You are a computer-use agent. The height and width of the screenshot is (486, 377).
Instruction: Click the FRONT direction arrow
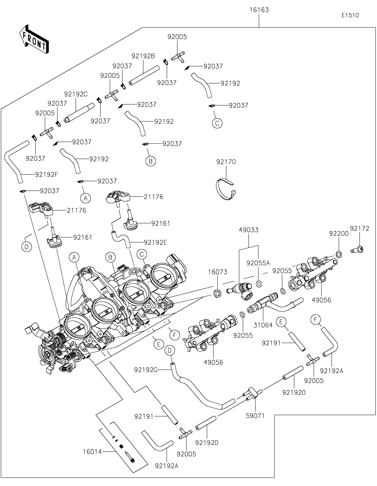click(34, 39)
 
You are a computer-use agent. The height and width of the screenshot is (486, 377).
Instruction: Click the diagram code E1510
click(350, 16)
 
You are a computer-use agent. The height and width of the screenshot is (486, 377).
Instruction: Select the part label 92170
click(226, 162)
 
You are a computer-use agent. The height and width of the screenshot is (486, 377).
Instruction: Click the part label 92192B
click(143, 56)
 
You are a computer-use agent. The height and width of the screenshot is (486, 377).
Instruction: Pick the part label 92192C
click(76, 94)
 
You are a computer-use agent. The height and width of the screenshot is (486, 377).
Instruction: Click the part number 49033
click(249, 230)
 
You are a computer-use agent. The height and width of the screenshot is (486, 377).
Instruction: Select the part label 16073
click(217, 272)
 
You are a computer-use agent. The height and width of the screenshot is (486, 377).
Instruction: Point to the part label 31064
click(263, 325)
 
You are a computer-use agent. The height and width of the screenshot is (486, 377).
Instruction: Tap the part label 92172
click(359, 229)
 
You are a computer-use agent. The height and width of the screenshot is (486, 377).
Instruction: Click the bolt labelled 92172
click(357, 250)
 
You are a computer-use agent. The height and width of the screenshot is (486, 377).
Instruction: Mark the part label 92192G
click(146, 370)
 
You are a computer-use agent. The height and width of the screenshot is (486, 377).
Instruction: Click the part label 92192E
click(155, 242)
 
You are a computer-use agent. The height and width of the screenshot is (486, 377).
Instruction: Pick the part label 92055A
click(258, 263)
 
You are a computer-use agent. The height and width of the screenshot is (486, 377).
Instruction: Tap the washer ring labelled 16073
click(218, 292)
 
